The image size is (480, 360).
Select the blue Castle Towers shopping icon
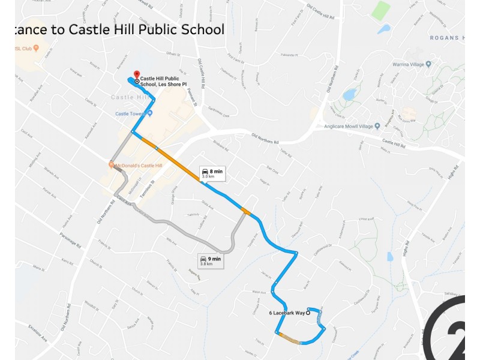151,113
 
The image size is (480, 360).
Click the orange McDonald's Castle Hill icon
112,165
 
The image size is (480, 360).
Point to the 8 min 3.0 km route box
212,173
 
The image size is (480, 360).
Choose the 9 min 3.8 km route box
211,260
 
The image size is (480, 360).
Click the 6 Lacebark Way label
287,313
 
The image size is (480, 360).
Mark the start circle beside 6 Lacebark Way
308,313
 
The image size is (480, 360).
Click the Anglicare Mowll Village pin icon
377,126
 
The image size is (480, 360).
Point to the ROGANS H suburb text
447,38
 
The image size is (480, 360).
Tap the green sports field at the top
380,10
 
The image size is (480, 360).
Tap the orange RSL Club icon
36,48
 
